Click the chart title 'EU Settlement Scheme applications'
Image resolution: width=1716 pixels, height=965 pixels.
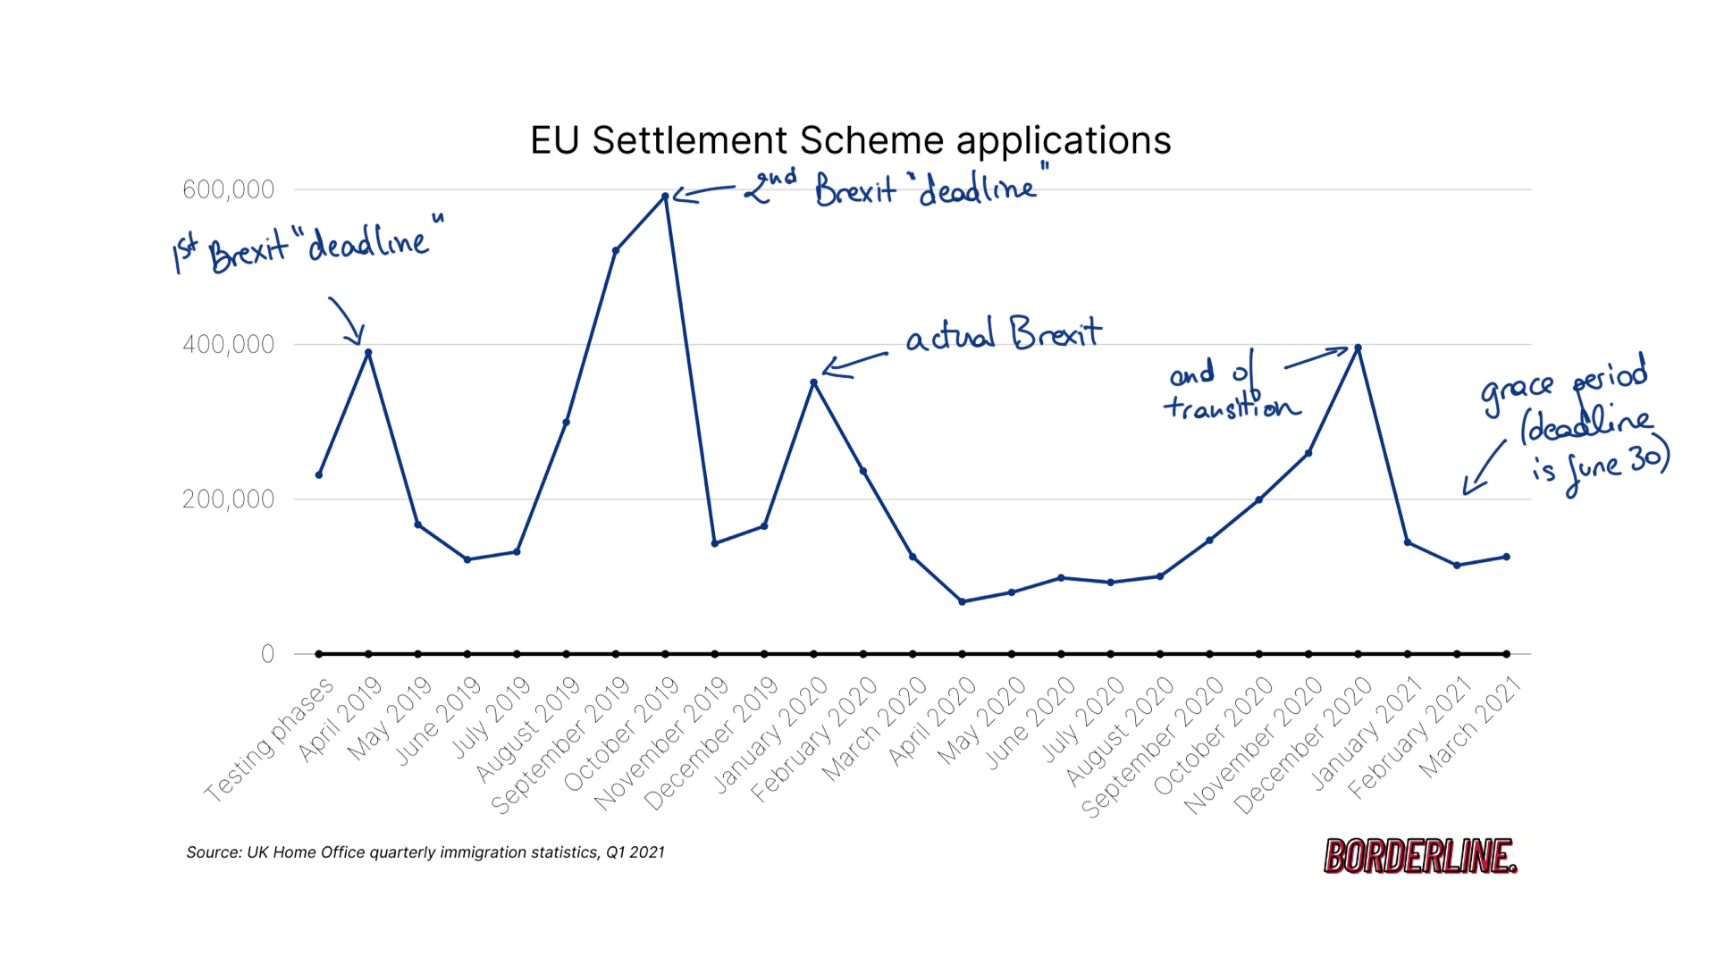[x=850, y=141]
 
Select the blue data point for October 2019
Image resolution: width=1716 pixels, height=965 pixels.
[x=665, y=197]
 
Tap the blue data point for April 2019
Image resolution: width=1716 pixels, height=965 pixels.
[x=368, y=353]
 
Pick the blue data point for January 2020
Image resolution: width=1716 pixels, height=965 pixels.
[x=813, y=382]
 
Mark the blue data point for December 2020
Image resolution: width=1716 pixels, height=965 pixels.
[x=1358, y=348]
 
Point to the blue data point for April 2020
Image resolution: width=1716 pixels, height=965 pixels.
[x=962, y=601]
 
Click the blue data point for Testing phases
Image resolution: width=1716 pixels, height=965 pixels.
[x=319, y=474]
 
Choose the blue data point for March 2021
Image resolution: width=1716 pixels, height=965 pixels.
[x=1506, y=557]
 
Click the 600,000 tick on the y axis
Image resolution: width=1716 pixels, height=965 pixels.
[x=228, y=189]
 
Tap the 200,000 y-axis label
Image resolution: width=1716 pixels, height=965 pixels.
[x=228, y=499]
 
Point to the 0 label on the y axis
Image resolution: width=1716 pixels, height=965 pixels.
[x=267, y=654]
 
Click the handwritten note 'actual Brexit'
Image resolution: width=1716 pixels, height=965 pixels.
[x=1003, y=334]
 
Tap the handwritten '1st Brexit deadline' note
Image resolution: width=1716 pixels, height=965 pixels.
[x=307, y=245]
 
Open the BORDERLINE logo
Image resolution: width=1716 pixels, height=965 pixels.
[x=1419, y=856]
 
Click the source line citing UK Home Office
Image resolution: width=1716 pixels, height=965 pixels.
[x=425, y=852]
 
